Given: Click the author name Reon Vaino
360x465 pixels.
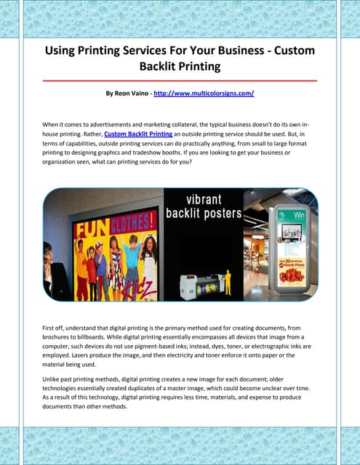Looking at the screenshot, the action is coord(136,94).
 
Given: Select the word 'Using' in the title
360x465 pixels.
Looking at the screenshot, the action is coord(63,52).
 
